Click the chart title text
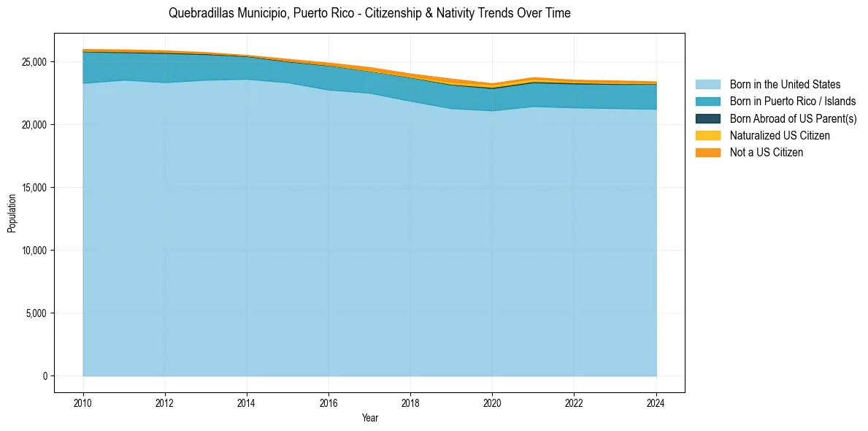coord(369,13)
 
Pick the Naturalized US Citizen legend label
coord(779,135)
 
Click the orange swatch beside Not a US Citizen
coord(707,152)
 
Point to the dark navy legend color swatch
coord(707,118)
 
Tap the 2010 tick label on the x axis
coord(83,403)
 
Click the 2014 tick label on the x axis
coord(247,403)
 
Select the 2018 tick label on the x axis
coord(410,403)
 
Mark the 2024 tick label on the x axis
coord(656,403)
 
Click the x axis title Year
coord(369,418)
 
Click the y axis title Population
coord(12,213)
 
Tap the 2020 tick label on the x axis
coord(492,403)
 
